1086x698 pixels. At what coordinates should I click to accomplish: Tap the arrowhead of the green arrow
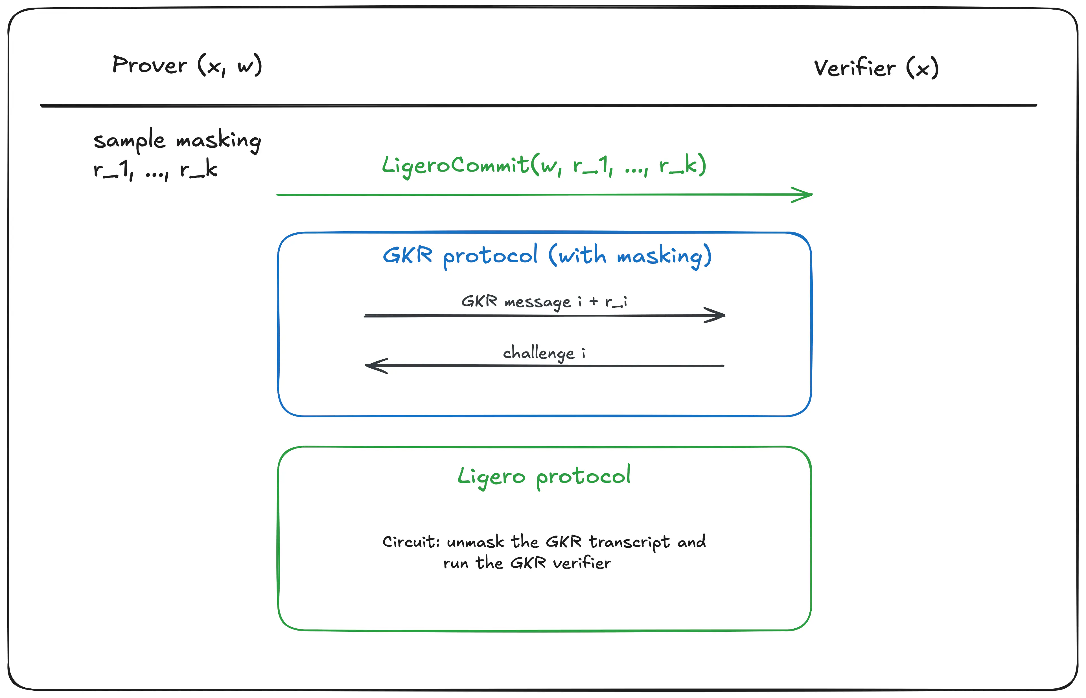[x=805, y=195]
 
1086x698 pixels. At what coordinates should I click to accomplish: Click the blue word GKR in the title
[x=407, y=255]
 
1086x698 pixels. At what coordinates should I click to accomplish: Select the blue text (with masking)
[x=630, y=256]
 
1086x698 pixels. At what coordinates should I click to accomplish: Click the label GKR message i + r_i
[x=544, y=301]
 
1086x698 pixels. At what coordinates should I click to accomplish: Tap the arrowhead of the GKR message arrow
[x=717, y=315]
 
